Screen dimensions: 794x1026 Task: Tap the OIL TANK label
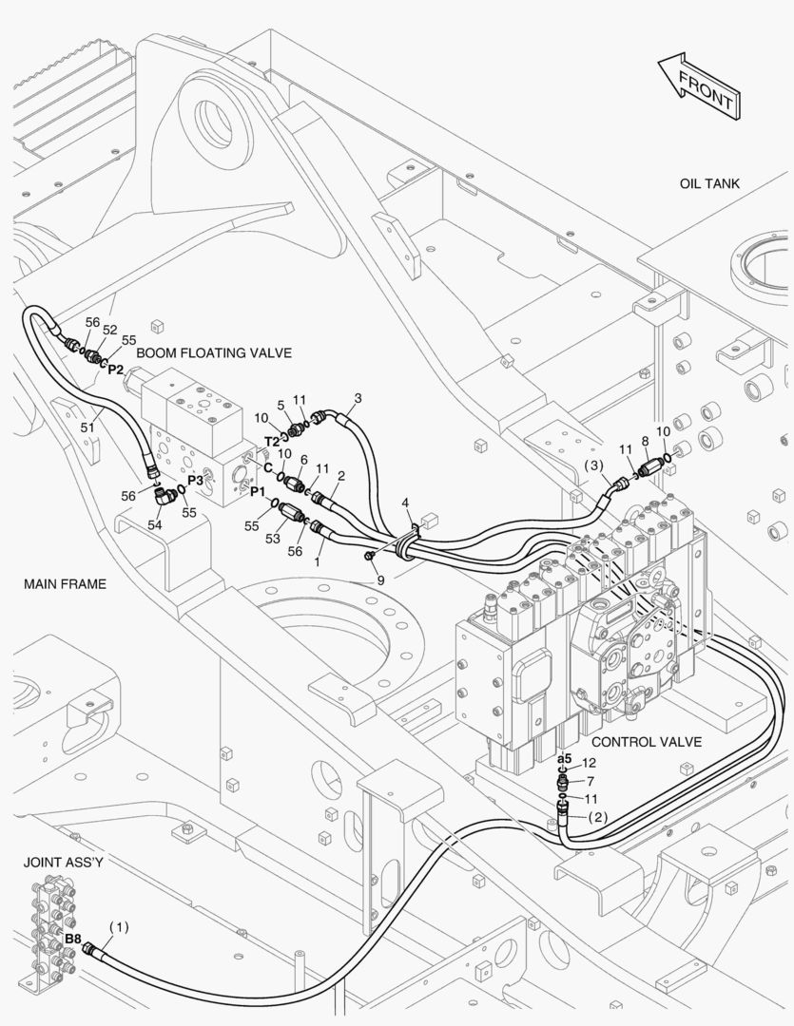coord(709,184)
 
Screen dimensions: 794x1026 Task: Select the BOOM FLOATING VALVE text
coord(214,352)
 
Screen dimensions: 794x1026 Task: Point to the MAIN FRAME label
coord(65,583)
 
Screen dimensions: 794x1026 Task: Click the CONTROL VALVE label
coord(646,742)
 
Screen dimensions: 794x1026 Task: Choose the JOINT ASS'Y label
coord(63,863)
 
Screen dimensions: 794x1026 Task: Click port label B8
coord(72,939)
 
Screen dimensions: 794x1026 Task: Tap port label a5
coord(564,759)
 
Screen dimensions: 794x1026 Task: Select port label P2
coord(115,370)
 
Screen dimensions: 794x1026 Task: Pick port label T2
coord(272,441)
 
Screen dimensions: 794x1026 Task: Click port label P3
coord(195,480)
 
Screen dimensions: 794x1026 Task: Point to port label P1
coord(257,491)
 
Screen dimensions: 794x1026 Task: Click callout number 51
coord(87,427)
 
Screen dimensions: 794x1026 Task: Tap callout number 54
coord(155,524)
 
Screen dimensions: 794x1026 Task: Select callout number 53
coord(273,539)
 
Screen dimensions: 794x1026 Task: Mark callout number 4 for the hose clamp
coord(405,503)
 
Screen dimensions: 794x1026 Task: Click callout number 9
coord(380,579)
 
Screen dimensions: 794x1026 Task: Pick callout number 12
coord(589,763)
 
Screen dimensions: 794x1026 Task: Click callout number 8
coord(646,442)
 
